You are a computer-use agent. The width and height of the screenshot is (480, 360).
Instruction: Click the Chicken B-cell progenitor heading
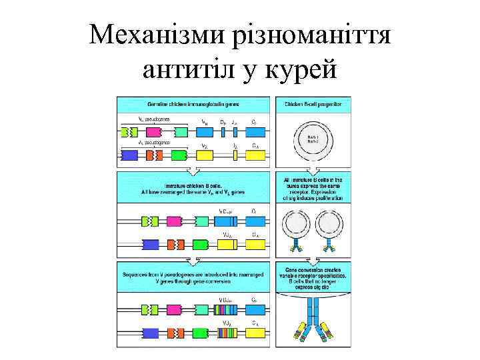coord(313,105)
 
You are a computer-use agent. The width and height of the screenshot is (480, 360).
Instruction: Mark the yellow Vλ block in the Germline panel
coord(203,155)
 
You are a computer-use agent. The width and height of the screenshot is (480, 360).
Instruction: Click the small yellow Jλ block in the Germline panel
coord(235,155)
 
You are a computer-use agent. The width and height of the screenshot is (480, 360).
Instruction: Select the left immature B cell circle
coord(294,226)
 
